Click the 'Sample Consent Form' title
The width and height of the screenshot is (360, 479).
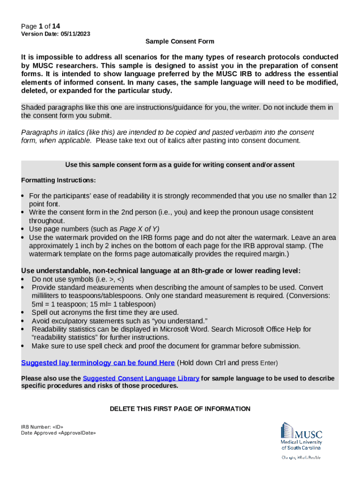[x=180, y=42]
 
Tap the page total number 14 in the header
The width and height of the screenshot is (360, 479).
[x=56, y=26]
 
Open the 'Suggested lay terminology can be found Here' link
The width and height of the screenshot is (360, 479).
[x=98, y=363]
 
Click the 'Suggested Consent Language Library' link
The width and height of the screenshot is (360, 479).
[x=141, y=378]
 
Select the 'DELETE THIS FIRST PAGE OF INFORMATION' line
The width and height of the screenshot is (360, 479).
[x=180, y=409]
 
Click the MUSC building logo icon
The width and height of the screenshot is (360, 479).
[x=287, y=430]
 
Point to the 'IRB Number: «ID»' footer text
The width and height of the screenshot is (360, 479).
[x=42, y=427]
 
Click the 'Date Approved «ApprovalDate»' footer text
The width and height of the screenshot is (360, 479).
[x=58, y=433]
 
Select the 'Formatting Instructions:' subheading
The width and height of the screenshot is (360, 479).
[x=58, y=181]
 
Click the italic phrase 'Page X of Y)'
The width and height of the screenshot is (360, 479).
[x=139, y=229]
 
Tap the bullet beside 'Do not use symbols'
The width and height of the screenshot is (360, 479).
[x=23, y=280]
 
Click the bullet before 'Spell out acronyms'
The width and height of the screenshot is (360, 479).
[x=23, y=312]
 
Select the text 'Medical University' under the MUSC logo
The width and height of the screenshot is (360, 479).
[x=301, y=442]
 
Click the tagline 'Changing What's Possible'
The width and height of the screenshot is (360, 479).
[x=301, y=457]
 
